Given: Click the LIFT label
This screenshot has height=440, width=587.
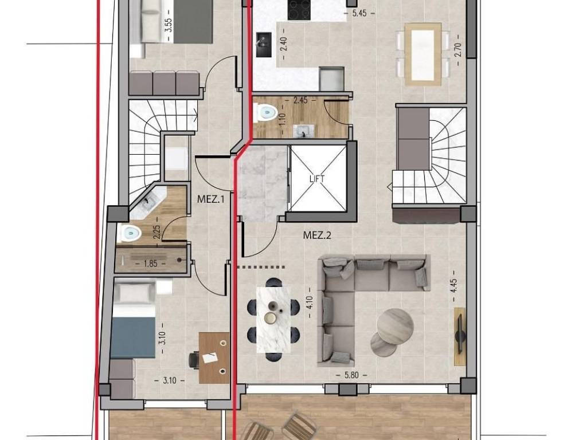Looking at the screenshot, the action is [x=316, y=179].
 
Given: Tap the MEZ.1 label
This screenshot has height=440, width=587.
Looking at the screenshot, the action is [x=210, y=199].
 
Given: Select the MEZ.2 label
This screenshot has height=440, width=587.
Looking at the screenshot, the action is [x=317, y=235].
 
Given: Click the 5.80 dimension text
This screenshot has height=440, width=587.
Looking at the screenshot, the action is [x=351, y=375].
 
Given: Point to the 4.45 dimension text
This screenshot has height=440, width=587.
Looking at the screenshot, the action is [x=454, y=286].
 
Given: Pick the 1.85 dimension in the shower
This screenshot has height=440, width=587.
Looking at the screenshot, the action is [x=151, y=264].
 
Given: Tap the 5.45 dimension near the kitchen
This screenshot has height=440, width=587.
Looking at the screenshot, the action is [x=360, y=13].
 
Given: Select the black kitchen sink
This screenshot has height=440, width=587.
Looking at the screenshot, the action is [x=264, y=45].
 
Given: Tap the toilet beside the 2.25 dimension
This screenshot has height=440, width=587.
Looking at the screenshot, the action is [x=128, y=234].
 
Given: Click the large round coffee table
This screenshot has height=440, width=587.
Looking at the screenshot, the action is [x=395, y=325].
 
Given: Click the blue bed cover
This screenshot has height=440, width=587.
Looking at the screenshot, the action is [x=133, y=337].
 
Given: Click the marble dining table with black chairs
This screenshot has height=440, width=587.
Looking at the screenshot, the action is [x=273, y=320].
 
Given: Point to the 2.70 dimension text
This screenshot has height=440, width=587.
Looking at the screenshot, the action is [x=458, y=51].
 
